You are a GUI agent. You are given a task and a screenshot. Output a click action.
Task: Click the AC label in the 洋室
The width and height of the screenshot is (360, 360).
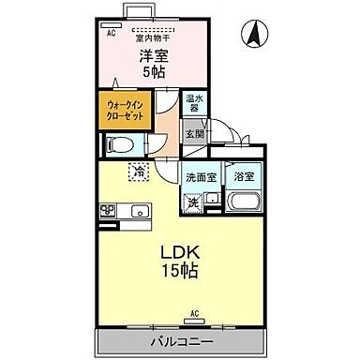point(112,33)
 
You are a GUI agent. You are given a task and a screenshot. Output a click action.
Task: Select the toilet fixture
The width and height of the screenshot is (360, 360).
point(118,145)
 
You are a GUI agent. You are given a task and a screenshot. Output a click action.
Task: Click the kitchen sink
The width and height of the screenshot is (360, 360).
point(138,208)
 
